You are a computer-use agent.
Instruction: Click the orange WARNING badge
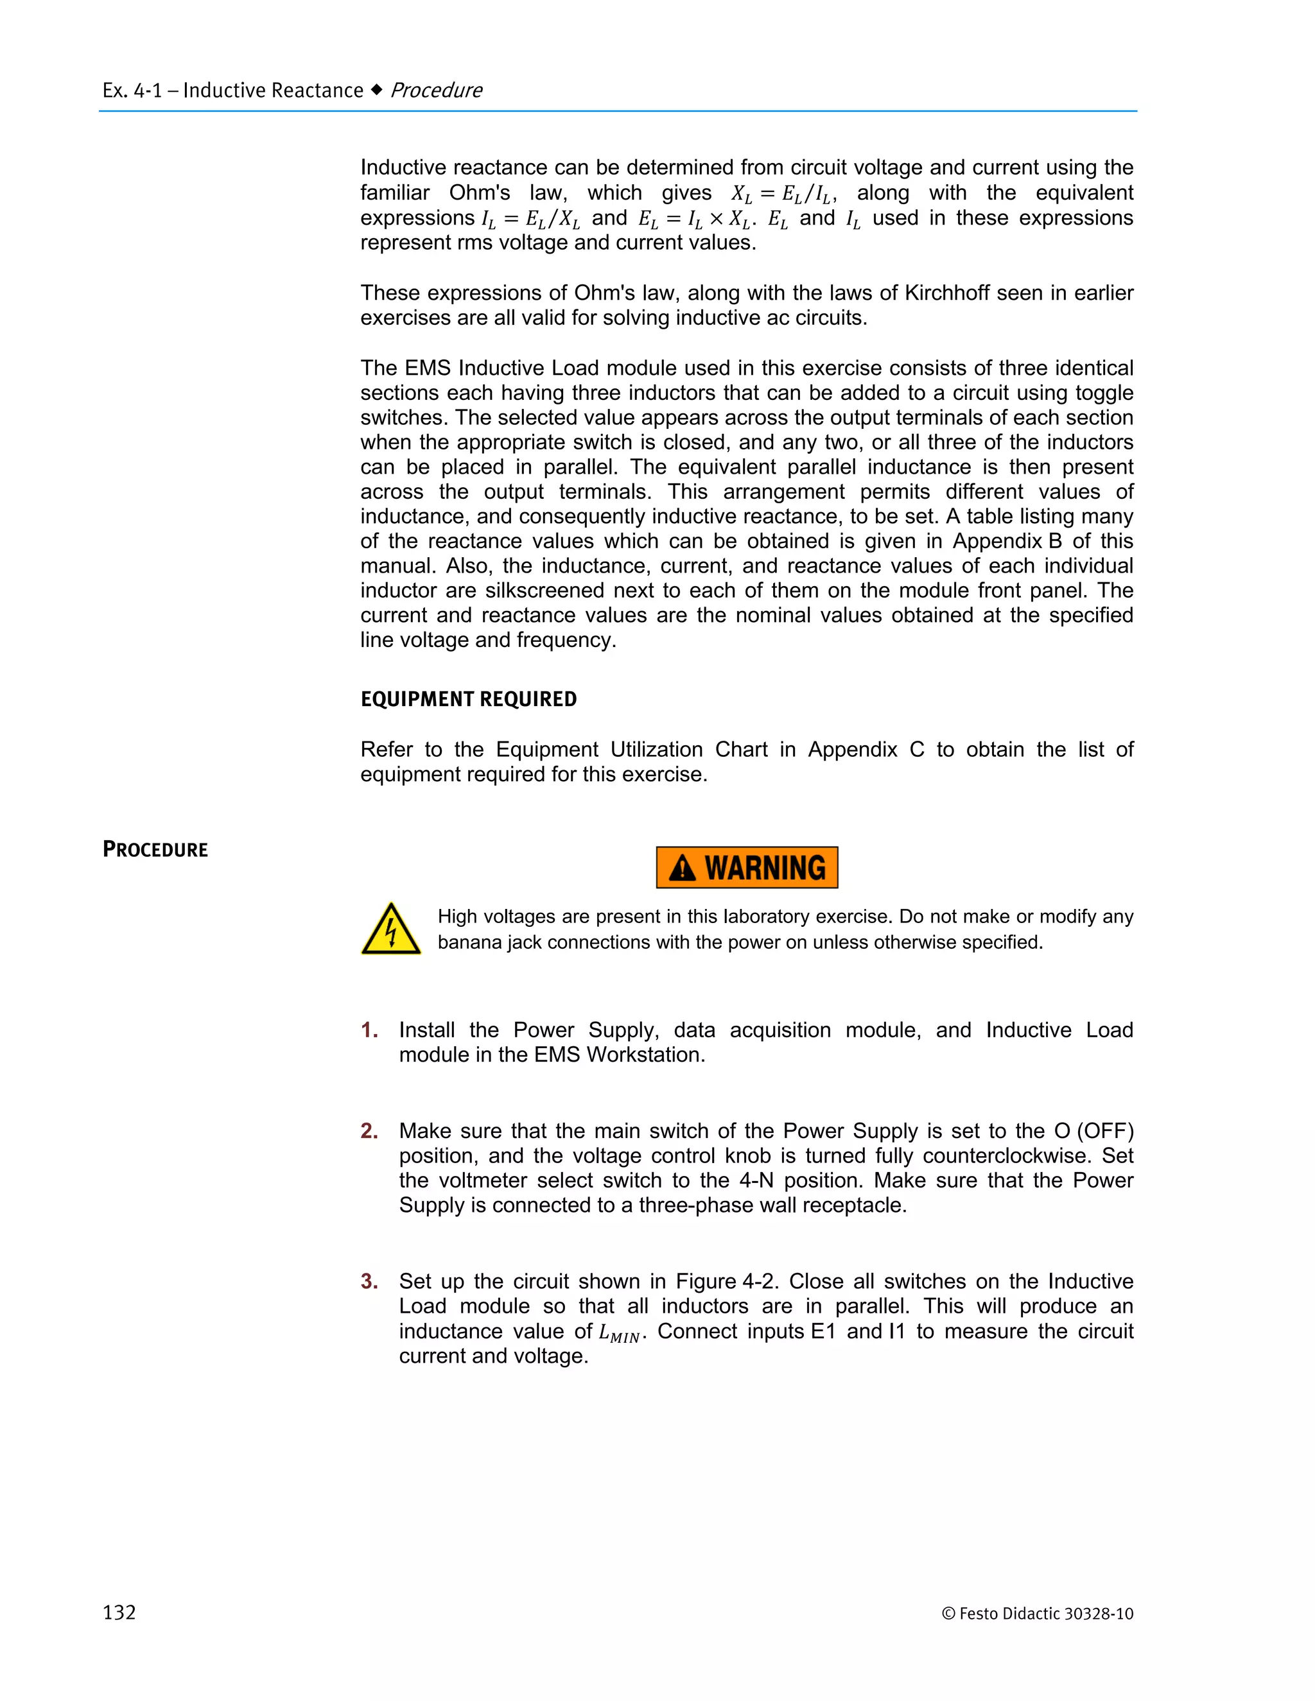point(746,867)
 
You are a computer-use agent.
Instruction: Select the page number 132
point(119,1612)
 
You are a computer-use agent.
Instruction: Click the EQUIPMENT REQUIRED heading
point(468,700)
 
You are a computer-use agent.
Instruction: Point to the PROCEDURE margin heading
point(155,850)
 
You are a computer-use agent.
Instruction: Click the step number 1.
point(369,1030)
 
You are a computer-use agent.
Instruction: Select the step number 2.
point(369,1131)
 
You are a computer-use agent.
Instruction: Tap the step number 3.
point(369,1281)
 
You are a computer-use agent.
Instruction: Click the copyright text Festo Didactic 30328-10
point(1038,1613)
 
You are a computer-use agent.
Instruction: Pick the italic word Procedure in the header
point(436,91)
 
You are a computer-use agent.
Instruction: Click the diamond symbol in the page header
point(376,91)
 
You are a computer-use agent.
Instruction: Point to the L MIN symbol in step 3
point(620,1333)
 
